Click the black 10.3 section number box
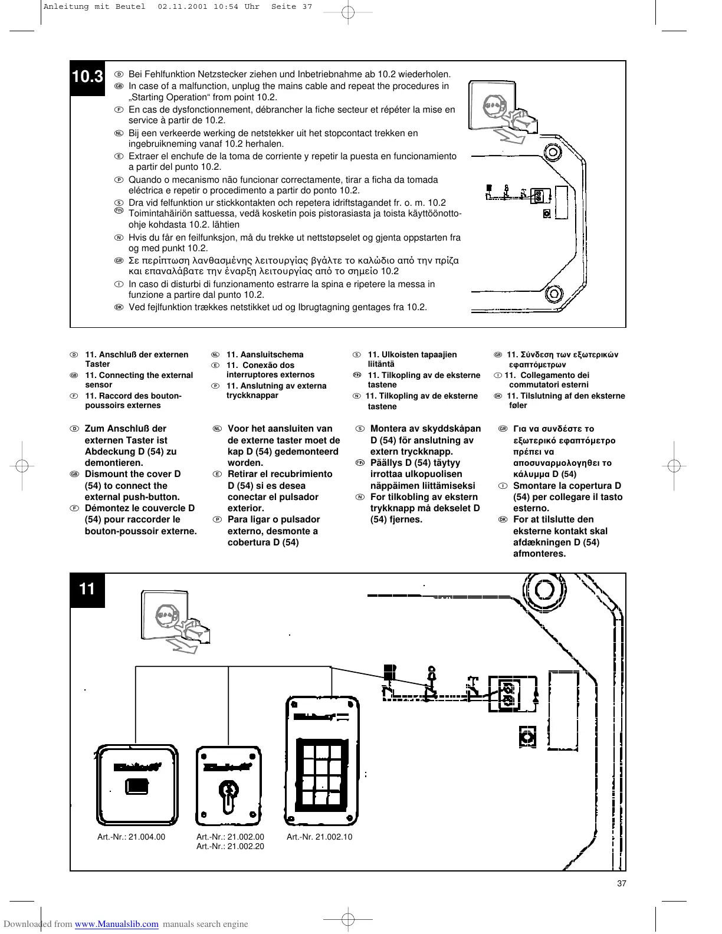(x=88, y=77)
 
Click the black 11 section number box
(x=87, y=589)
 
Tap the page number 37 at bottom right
(x=621, y=883)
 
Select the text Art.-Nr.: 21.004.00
(x=131, y=837)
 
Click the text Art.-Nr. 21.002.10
(x=319, y=837)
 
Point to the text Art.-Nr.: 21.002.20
(x=230, y=847)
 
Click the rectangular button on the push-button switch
(x=137, y=787)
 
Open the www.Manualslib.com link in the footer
(x=117, y=924)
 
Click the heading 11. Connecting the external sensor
(x=139, y=380)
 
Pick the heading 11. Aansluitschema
(x=265, y=354)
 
